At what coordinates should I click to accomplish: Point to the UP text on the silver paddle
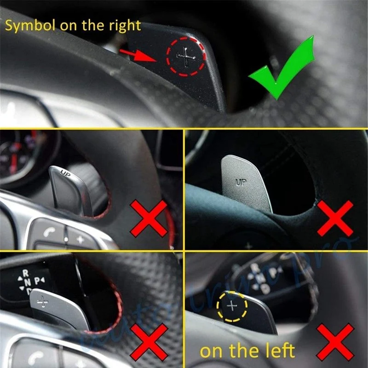point(241,182)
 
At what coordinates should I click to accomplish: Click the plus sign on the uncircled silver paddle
point(43,302)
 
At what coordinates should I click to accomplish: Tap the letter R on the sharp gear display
point(25,272)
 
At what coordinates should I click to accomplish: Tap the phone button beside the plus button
point(49,233)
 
